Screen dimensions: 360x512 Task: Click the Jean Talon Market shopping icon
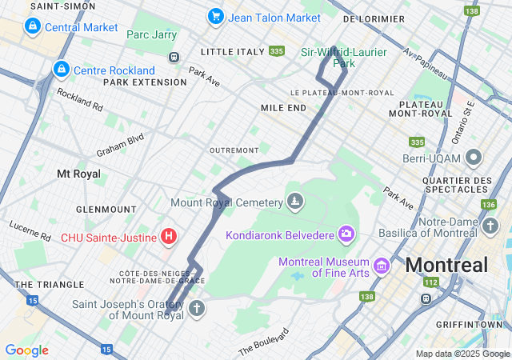(215, 16)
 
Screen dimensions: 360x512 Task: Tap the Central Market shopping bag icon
(32, 27)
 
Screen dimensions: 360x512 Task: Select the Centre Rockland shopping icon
(60, 70)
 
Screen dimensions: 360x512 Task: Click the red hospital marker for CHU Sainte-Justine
(169, 236)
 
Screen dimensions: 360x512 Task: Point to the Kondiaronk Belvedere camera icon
(346, 234)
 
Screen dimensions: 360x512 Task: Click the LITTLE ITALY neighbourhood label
(232, 52)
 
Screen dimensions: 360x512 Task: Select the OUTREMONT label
(234, 150)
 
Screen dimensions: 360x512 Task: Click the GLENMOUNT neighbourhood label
(106, 210)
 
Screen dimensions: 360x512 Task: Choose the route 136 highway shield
(488, 205)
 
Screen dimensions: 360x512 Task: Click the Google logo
(27, 350)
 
